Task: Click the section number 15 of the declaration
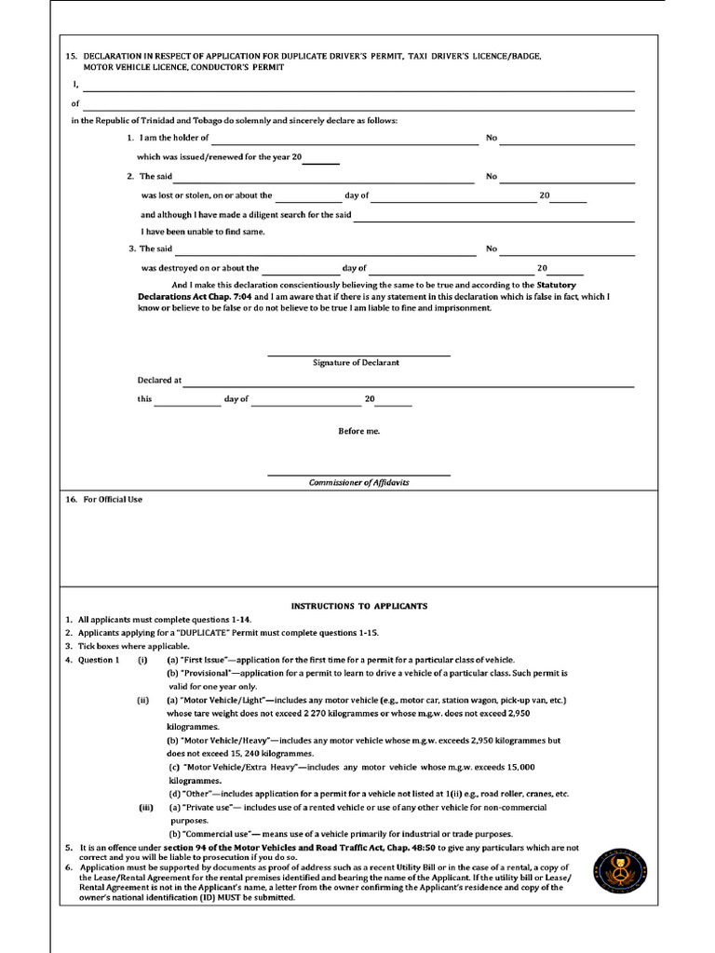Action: tap(71, 56)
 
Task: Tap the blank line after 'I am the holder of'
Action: tap(344, 143)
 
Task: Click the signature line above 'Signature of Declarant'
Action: tap(358, 355)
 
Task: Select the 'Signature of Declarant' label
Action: tap(356, 363)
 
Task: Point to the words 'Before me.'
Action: tap(358, 431)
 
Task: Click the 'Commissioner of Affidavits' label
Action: tap(358, 483)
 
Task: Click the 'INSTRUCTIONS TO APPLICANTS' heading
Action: tap(358, 606)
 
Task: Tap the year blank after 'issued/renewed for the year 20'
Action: tap(320, 163)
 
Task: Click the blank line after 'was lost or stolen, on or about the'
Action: tap(308, 201)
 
